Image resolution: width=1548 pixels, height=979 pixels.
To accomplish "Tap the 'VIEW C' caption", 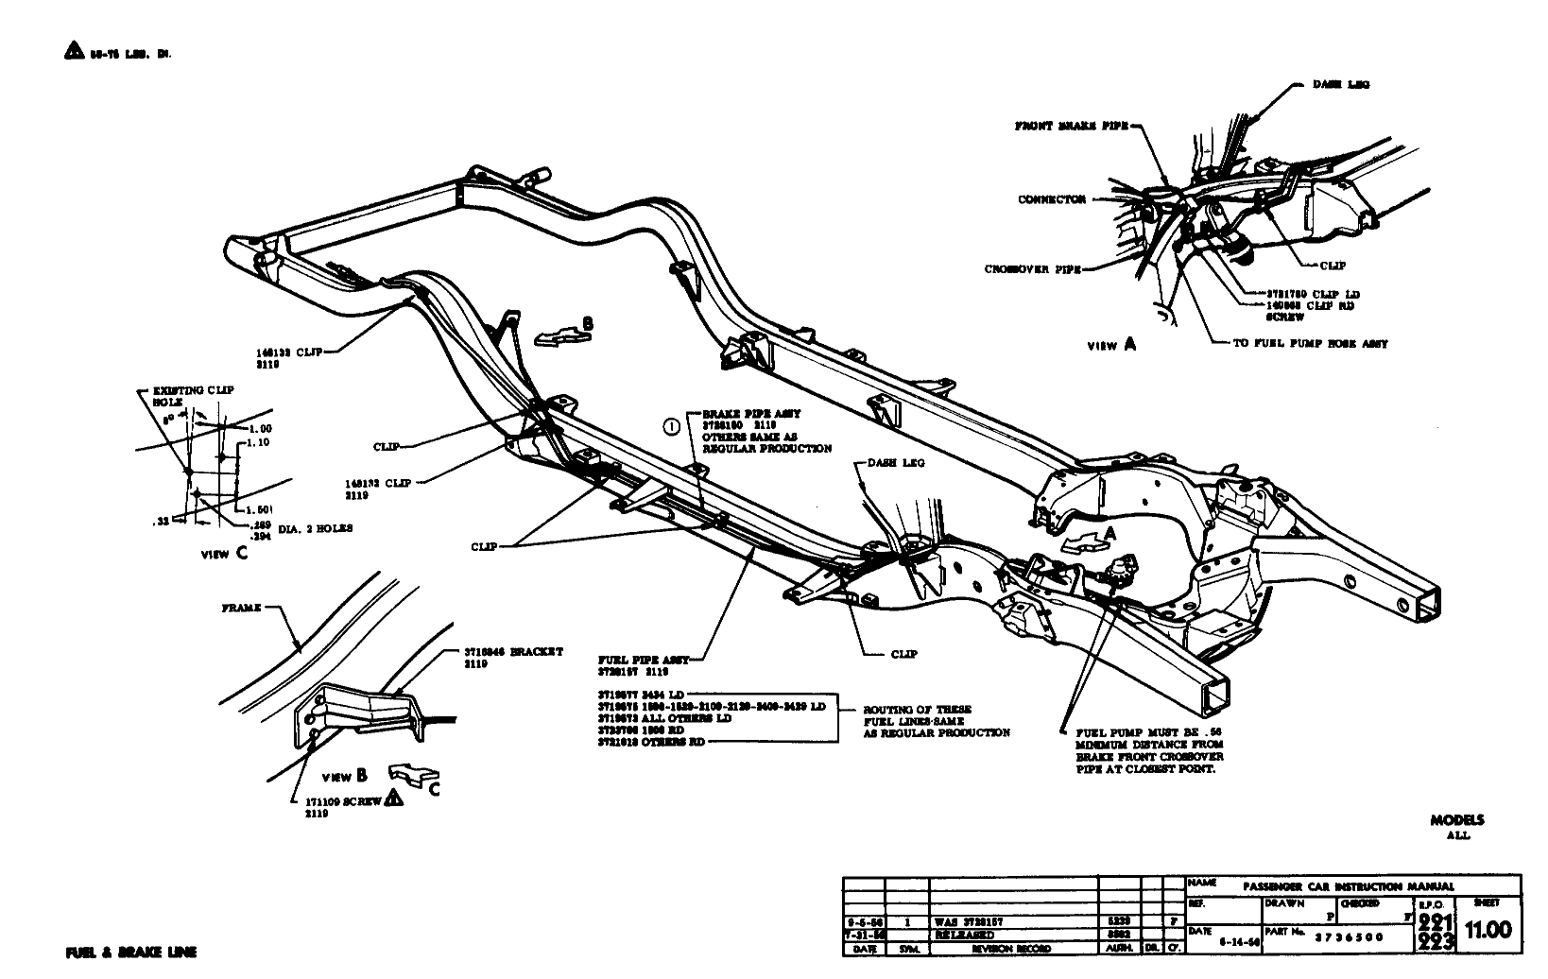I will click(x=224, y=554).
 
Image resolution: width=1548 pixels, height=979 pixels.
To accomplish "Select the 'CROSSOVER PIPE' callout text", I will click(x=1032, y=269).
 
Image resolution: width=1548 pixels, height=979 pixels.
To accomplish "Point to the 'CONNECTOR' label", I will click(x=1051, y=199).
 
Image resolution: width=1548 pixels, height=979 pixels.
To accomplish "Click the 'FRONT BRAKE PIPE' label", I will click(x=1071, y=126).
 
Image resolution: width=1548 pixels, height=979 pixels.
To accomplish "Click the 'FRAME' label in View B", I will click(x=241, y=609).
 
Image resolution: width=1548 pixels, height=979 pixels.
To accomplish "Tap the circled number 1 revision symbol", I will click(x=671, y=426).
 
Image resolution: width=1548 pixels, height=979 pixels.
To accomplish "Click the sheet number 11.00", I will click(x=1487, y=929).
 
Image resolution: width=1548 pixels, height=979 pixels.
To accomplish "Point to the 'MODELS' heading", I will click(x=1457, y=820).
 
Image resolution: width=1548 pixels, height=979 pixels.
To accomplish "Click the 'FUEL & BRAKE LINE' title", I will click(x=130, y=953).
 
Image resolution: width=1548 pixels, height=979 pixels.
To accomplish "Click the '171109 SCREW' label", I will click(x=343, y=800).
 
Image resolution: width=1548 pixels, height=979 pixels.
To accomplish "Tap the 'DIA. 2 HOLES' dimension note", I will click(x=316, y=529).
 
